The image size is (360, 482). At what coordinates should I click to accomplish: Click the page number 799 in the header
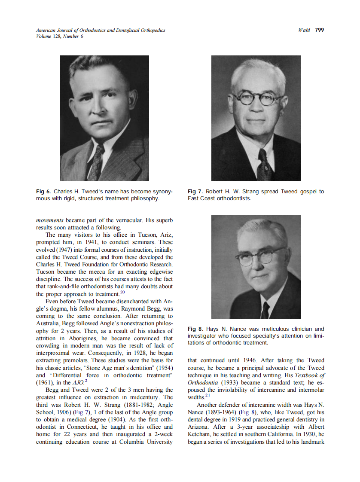319,30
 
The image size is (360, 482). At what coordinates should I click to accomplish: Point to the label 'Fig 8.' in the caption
195,329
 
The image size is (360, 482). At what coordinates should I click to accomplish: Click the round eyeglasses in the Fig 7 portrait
256,100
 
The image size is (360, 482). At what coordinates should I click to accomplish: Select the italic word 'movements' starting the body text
50,220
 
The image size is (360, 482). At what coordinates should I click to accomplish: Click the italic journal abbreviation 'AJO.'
78,383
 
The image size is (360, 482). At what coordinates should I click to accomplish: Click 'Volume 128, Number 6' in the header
60,37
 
